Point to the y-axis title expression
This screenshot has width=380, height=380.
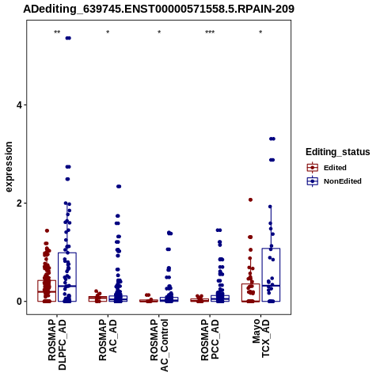(x=9, y=167)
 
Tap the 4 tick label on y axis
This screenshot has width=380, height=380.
(x=19, y=105)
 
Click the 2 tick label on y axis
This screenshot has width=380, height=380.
(x=19, y=203)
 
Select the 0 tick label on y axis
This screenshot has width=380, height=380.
(x=19, y=302)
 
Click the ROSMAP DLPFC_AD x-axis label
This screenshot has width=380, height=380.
(x=57, y=344)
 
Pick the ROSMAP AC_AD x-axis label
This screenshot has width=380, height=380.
(x=108, y=340)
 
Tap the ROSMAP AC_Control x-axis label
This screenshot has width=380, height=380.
(x=159, y=345)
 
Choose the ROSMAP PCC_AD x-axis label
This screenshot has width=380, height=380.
(x=210, y=340)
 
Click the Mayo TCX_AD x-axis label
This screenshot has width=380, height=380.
(x=261, y=338)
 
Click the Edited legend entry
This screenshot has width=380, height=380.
(x=327, y=168)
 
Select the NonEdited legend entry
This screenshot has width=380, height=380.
(x=334, y=181)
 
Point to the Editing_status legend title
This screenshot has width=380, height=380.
(x=338, y=152)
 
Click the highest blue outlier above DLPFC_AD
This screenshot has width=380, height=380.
(x=68, y=38)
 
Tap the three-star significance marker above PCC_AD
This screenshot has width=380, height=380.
(x=210, y=32)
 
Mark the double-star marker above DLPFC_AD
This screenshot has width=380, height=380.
(x=57, y=32)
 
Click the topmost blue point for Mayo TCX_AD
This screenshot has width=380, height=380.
(x=272, y=139)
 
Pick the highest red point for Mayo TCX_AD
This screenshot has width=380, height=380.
(x=250, y=199)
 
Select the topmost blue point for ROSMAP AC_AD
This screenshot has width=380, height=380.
(x=119, y=187)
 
